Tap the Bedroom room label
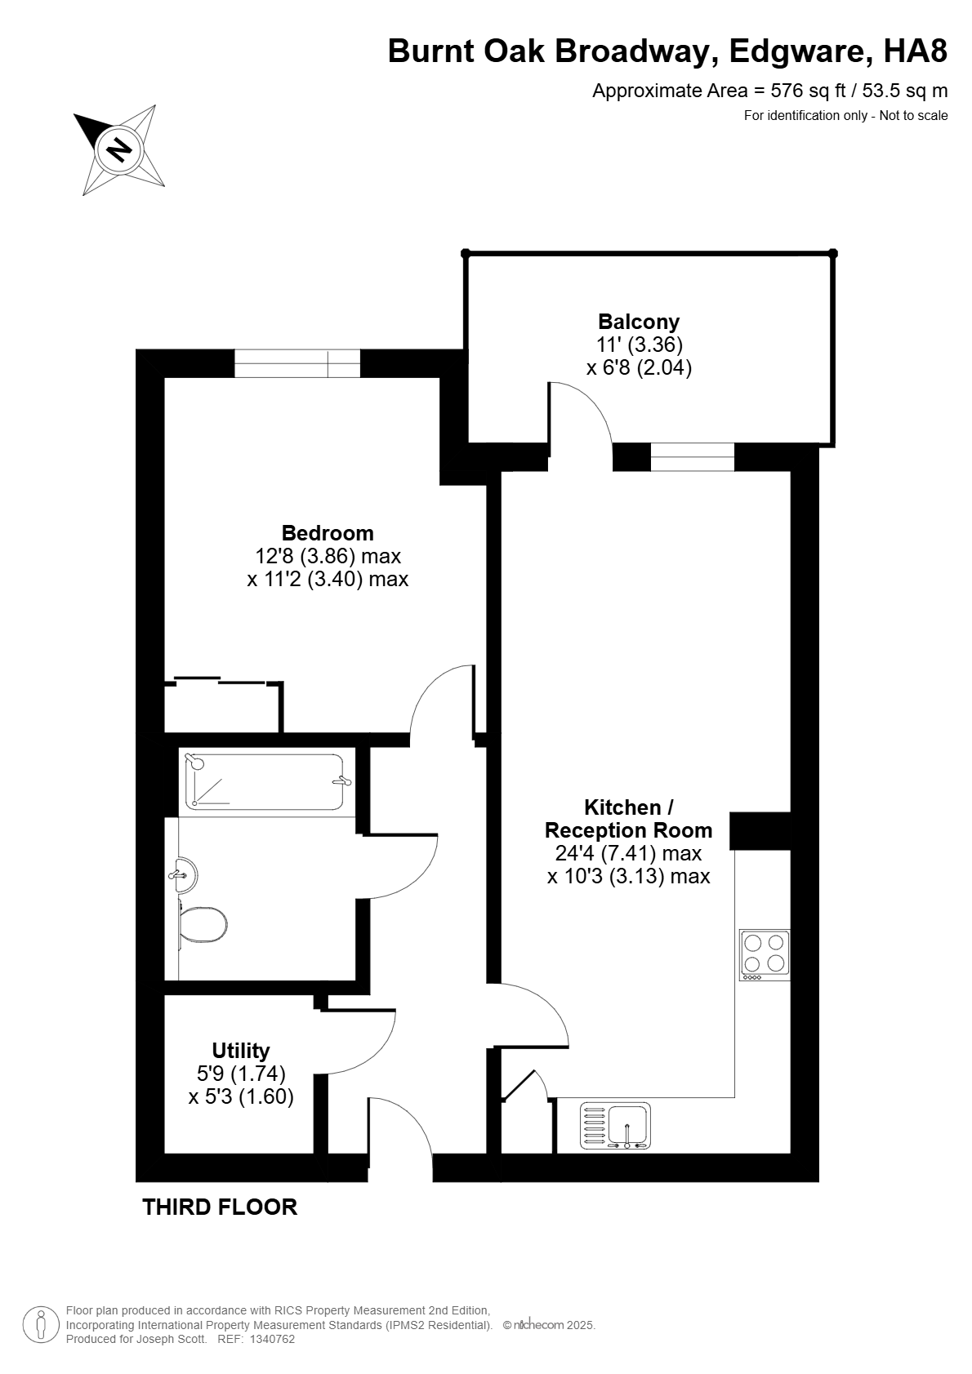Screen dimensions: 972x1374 [x=327, y=532]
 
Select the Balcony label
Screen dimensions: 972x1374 [x=639, y=322]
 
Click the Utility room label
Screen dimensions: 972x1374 [x=240, y=1051]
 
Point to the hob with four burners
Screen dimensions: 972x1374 [x=764, y=955]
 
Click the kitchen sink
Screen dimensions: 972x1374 [x=615, y=1126]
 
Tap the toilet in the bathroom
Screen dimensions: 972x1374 [x=203, y=923]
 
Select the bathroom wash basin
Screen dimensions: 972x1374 [x=184, y=874]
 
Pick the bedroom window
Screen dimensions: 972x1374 [x=297, y=363]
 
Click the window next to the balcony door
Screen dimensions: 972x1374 [x=692, y=456]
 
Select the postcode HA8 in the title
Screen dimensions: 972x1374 [x=915, y=51]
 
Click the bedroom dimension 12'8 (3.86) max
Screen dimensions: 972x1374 [x=328, y=556]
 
